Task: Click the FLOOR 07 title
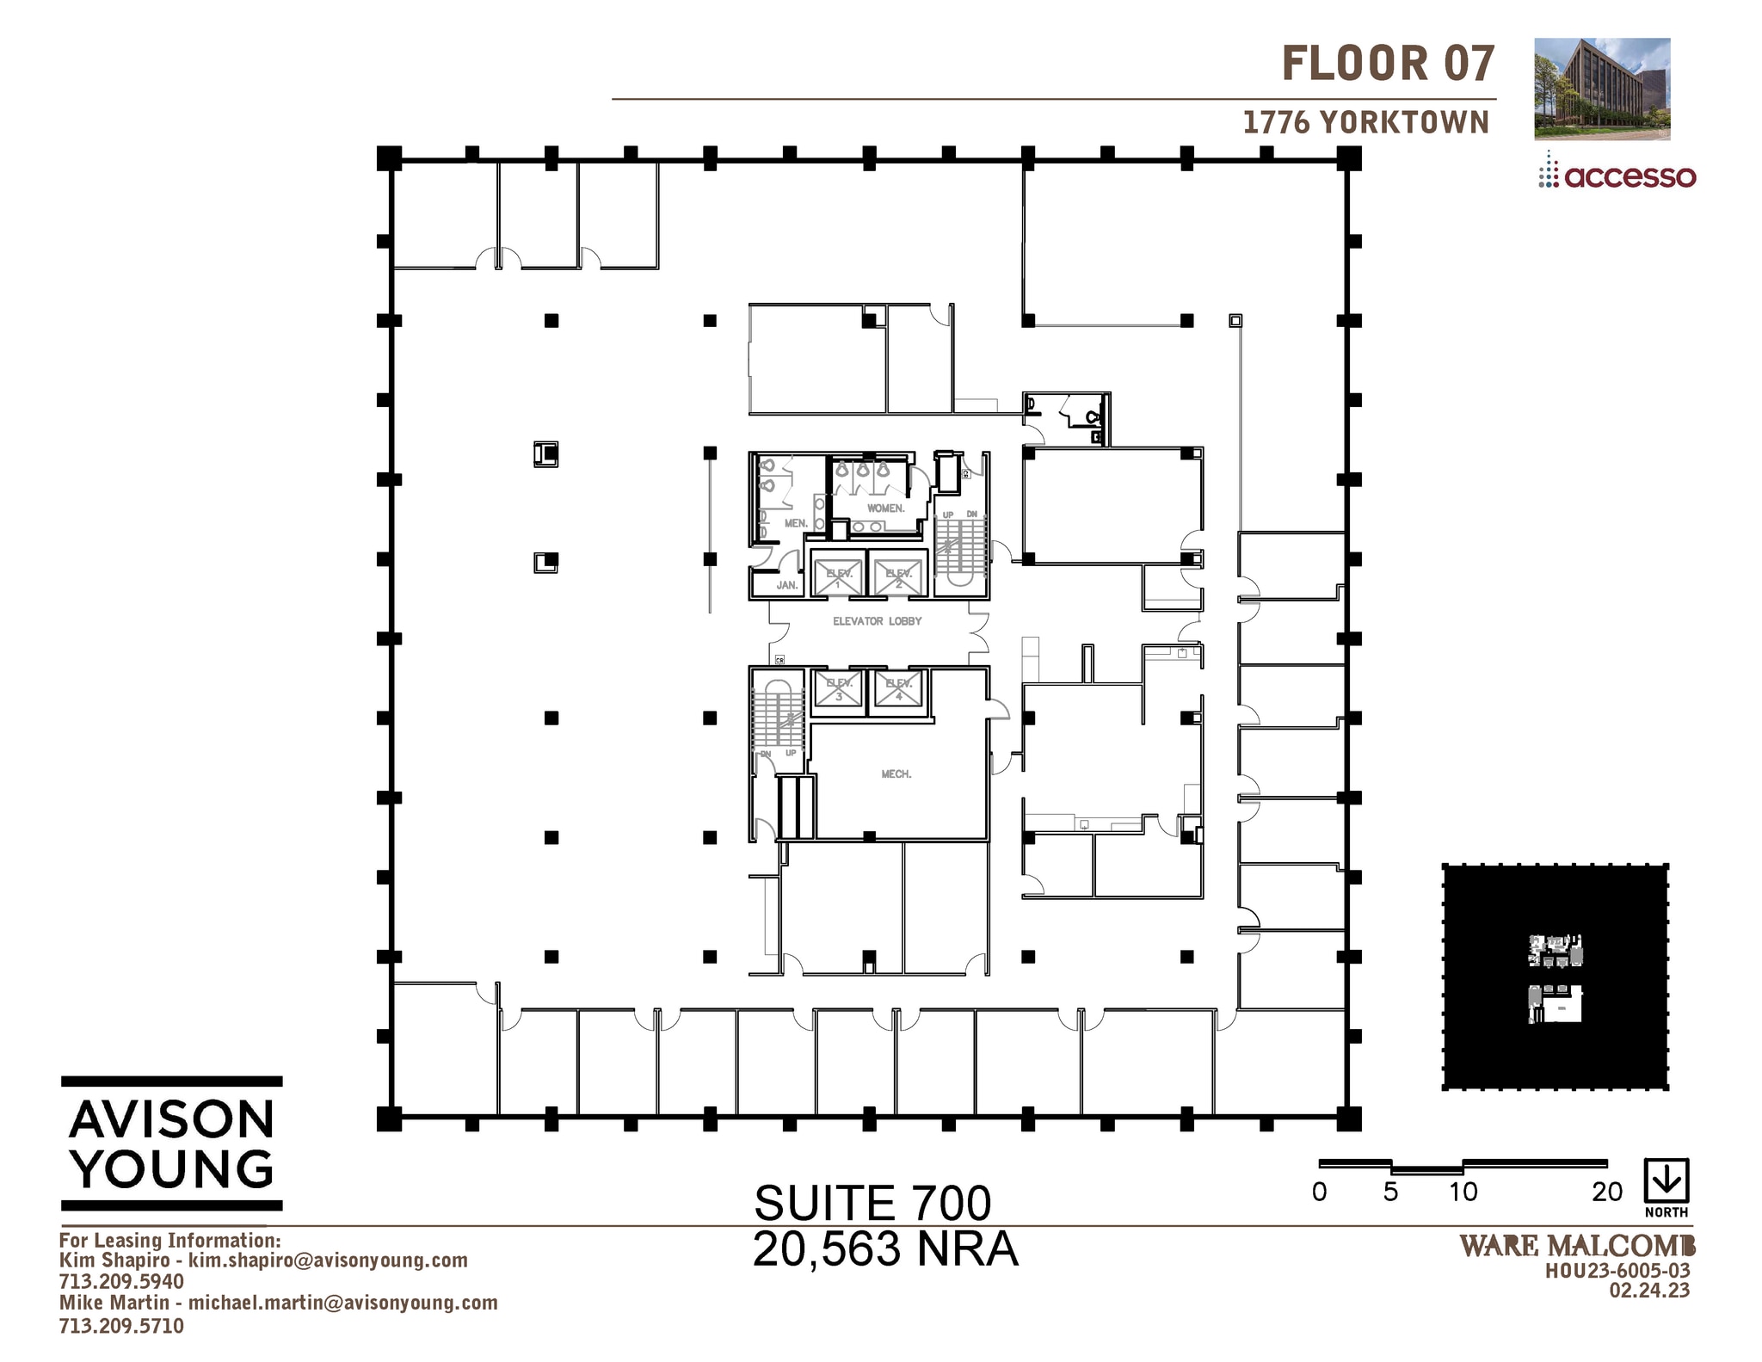(x=1388, y=65)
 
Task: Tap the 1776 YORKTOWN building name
(x=1365, y=123)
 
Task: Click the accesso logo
(x=1617, y=176)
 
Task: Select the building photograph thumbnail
(x=1602, y=89)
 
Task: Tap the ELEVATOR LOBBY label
(x=877, y=621)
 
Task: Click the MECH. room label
(x=896, y=774)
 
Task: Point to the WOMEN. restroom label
(x=885, y=508)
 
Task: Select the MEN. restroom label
(x=795, y=523)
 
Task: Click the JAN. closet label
(x=786, y=585)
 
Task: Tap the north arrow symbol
(x=1667, y=1181)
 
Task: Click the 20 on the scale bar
(x=1606, y=1193)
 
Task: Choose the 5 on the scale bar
(x=1390, y=1193)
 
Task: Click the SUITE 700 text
(x=872, y=1203)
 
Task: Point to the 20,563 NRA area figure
(x=885, y=1249)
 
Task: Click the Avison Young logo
(x=172, y=1143)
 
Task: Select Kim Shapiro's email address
(x=328, y=1260)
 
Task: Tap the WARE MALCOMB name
(x=1577, y=1246)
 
